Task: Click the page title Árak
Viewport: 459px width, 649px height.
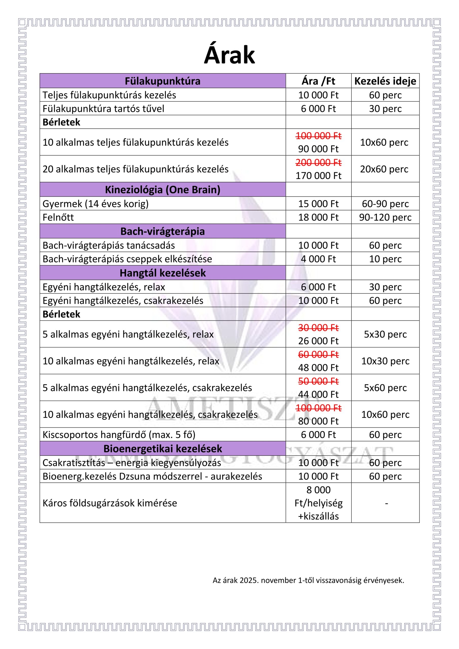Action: point(229,55)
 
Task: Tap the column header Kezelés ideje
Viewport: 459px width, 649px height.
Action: point(385,81)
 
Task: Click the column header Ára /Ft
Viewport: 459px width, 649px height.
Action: point(318,81)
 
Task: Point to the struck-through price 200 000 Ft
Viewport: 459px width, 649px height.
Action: point(318,163)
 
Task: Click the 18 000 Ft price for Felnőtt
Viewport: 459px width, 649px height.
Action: point(318,217)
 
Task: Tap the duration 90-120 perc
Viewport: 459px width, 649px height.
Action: point(385,217)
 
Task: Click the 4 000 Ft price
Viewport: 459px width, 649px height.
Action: point(318,259)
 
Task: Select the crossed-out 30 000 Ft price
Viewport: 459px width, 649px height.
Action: point(318,328)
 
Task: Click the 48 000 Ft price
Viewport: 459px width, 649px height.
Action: point(318,368)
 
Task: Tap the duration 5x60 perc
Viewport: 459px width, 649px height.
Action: point(385,388)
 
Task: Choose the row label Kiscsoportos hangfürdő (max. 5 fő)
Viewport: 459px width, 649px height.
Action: point(119,435)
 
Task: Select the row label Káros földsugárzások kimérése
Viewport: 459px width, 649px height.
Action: point(110,503)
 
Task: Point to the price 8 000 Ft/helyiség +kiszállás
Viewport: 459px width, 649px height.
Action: point(318,503)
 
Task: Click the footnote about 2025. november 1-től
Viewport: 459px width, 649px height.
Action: point(308,580)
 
